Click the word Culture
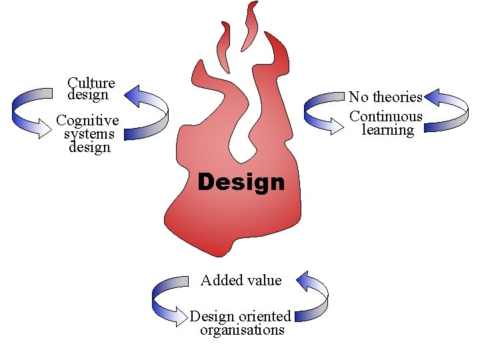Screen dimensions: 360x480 [x=91, y=83]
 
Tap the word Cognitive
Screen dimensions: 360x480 [x=88, y=121]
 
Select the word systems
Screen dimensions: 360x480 [x=89, y=134]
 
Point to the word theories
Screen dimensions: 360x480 [x=397, y=97]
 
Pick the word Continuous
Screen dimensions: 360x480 [x=386, y=116]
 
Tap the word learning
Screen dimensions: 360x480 [x=387, y=130]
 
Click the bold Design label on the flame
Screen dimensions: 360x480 [x=241, y=182]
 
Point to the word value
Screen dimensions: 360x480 [x=264, y=281]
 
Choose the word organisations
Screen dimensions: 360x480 [x=242, y=330]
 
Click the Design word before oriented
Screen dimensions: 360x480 [x=212, y=317]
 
